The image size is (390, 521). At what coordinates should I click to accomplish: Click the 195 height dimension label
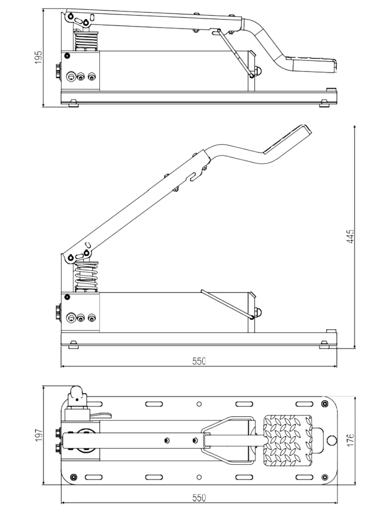(x=39, y=58)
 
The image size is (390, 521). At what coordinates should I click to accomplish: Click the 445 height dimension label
(x=351, y=236)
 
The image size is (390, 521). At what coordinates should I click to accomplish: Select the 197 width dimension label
(x=39, y=435)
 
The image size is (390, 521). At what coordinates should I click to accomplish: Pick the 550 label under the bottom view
(x=199, y=497)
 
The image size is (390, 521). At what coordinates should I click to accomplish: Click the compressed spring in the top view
(x=87, y=41)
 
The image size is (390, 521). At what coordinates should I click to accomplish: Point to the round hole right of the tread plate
(x=331, y=441)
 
